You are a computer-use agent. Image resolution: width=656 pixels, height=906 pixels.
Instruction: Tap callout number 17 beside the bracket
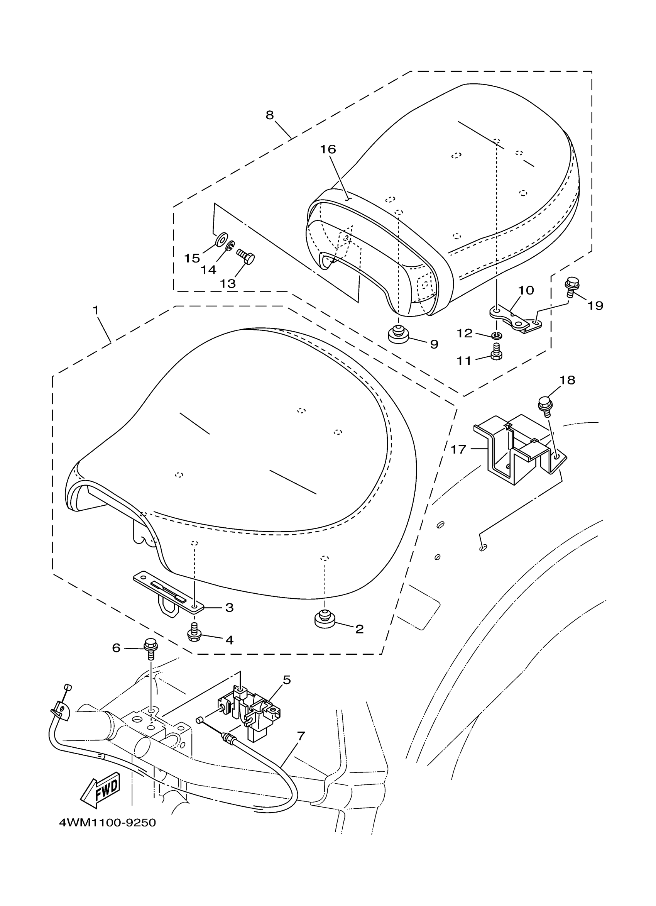click(x=458, y=449)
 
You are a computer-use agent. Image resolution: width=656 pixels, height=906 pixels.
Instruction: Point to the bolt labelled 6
click(x=150, y=651)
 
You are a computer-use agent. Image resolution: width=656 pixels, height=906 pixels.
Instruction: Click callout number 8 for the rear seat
click(x=270, y=115)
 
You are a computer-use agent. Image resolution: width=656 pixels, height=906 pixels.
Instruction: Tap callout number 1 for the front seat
click(x=95, y=310)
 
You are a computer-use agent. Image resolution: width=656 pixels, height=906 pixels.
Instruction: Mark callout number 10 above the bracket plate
click(x=526, y=290)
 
